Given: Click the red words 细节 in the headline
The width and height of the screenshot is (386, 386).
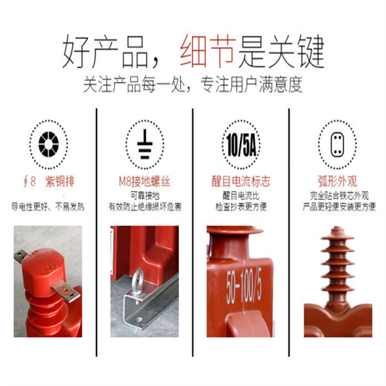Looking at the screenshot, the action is [x=208, y=51].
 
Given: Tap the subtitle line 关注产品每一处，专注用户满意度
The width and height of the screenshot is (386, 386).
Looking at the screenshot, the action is [x=193, y=85].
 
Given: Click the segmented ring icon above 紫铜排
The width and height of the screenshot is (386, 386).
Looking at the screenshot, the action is [x=49, y=145].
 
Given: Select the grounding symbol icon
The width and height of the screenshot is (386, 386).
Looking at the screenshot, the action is [x=145, y=144].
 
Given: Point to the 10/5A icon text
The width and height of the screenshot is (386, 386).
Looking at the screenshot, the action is [x=241, y=145].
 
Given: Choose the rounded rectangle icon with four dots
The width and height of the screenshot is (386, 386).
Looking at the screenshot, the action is [x=337, y=145].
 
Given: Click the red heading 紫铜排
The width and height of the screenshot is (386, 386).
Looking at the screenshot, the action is [x=60, y=181].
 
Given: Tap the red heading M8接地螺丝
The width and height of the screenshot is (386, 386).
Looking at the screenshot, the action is [x=145, y=181].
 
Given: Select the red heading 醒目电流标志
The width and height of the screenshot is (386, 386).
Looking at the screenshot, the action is [x=241, y=181].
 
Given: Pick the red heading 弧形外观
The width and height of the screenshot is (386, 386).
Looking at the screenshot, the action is [x=337, y=181].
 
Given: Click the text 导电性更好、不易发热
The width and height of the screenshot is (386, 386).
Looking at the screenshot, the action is [x=48, y=207].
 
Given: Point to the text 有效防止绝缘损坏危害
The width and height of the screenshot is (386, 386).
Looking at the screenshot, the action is [x=145, y=207].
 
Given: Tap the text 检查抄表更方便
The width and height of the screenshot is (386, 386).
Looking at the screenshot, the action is [x=241, y=207].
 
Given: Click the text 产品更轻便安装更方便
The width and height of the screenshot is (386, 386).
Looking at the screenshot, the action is [x=339, y=207].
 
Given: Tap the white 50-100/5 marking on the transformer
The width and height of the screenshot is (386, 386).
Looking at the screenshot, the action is [x=244, y=286].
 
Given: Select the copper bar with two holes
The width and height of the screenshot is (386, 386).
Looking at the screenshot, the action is [x=66, y=291].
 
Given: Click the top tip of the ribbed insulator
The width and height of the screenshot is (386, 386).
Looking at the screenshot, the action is [x=338, y=228].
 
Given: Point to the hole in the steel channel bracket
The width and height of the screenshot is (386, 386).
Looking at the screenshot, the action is [x=139, y=320].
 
